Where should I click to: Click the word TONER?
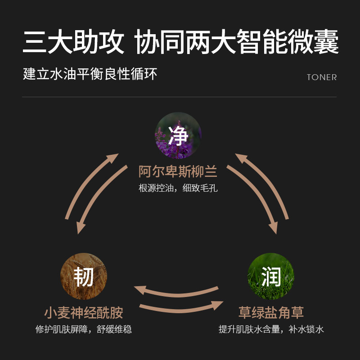tap(322, 77)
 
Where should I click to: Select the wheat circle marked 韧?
tap(83, 276)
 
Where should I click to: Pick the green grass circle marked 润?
tap(271, 276)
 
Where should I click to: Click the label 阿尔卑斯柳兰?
tap(178, 172)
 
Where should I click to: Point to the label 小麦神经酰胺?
tap(84, 313)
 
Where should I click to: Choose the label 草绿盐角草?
tap(271, 313)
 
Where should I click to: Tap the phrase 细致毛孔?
tap(200, 188)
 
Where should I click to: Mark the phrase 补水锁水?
tap(306, 329)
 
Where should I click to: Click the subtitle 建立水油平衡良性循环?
tap(90, 74)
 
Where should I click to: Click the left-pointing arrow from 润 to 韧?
tap(175, 290)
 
